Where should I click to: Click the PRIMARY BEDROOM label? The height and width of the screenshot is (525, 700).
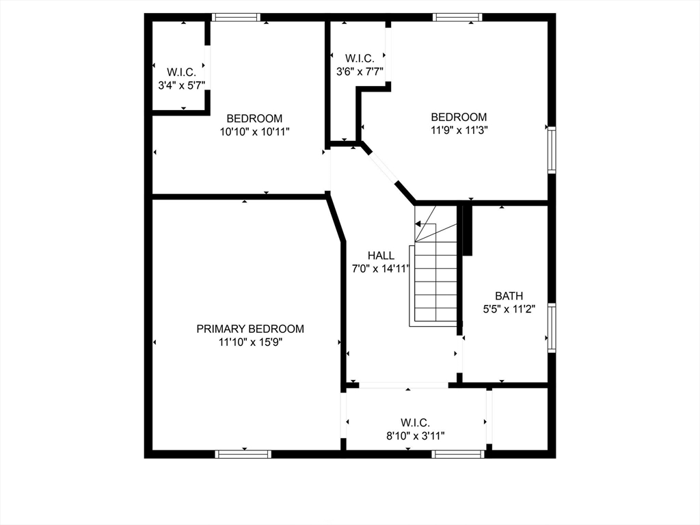pos(250,329)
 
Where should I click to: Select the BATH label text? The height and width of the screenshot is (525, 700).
pos(509,296)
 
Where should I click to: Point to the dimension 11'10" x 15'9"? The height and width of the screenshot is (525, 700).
pos(250,342)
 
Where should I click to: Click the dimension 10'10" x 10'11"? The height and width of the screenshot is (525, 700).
pos(254,131)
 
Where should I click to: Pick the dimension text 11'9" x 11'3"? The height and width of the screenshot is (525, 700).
pos(459,130)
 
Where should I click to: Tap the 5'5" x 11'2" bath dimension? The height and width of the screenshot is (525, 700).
pos(509,309)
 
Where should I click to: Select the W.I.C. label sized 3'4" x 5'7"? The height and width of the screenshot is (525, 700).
pos(182,72)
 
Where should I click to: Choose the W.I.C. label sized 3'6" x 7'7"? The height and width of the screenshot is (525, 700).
pos(359,58)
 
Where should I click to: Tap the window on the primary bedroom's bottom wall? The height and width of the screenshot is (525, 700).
pos(243,453)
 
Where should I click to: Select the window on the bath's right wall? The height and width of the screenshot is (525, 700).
pos(552,328)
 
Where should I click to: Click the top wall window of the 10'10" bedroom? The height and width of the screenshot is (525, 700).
pos(236,17)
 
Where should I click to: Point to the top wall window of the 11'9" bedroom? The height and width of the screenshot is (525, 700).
pos(458,17)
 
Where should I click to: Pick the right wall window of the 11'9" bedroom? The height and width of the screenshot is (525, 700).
pos(552,150)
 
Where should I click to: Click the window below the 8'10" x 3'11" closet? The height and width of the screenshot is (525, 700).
pos(459,453)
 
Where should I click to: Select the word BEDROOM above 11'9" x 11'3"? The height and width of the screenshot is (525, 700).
pos(459,117)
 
